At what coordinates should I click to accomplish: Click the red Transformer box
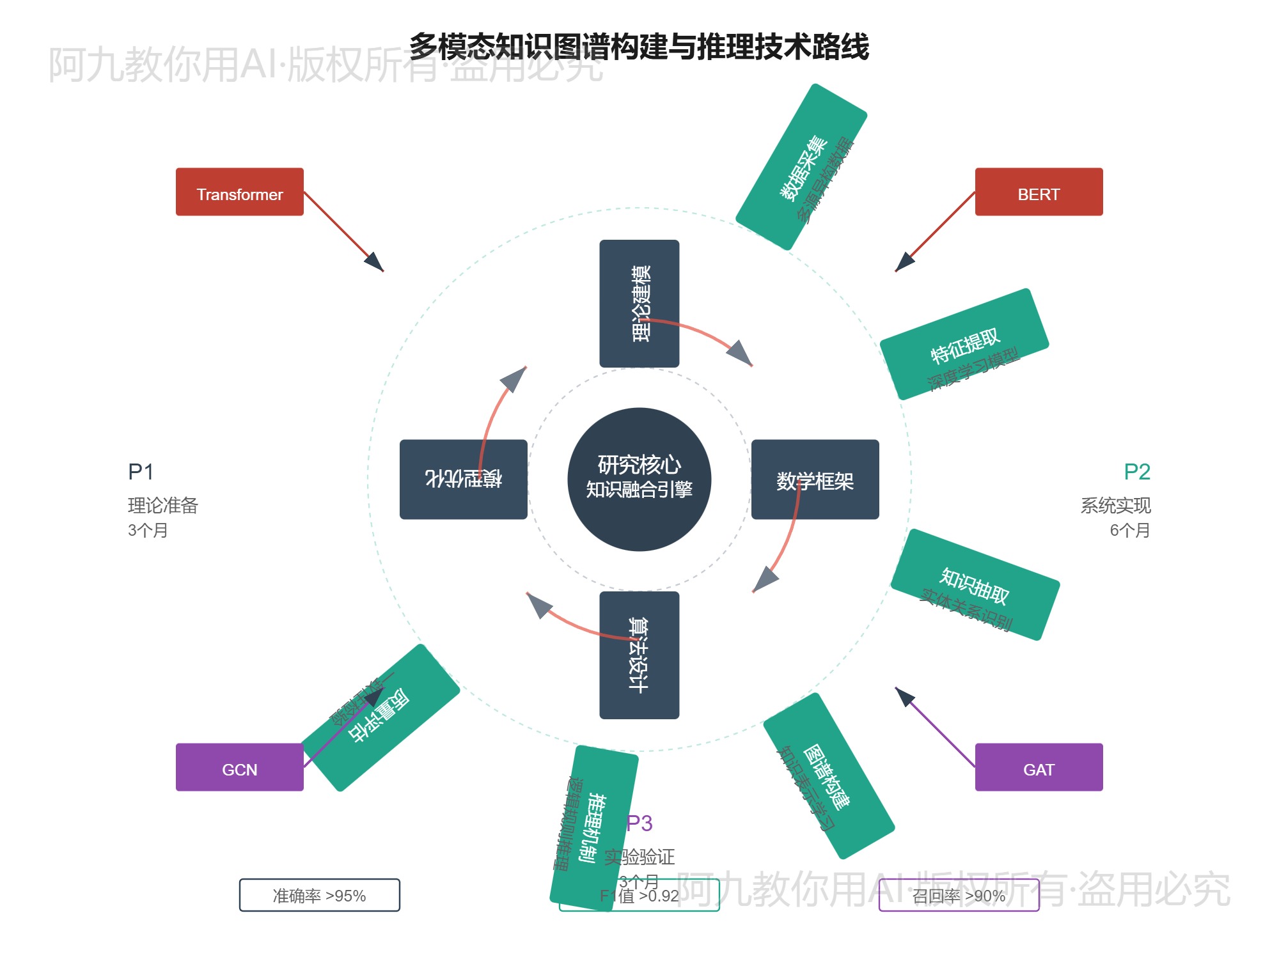(239, 192)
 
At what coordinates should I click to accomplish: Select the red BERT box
(1039, 192)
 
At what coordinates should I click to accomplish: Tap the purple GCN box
(239, 767)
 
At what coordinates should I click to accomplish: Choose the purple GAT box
(1039, 767)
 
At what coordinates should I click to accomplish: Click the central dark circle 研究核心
(639, 479)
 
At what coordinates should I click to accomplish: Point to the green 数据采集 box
(801, 166)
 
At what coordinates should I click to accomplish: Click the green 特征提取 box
(964, 344)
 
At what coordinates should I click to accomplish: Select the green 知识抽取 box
(975, 584)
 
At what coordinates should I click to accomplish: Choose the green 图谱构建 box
(829, 776)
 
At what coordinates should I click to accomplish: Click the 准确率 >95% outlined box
(319, 895)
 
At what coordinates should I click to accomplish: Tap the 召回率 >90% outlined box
(959, 895)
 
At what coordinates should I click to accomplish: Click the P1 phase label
(141, 472)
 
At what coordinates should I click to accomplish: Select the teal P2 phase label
(1137, 472)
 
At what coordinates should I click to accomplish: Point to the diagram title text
(639, 46)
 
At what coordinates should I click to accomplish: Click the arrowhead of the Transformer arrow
(375, 263)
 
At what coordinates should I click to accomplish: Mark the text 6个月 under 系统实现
(1129, 530)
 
